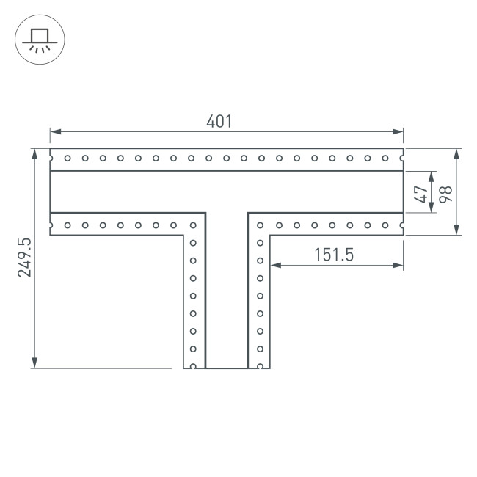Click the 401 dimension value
pyautogui.click(x=219, y=123)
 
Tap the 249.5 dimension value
pyautogui.click(x=23, y=258)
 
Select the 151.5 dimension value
pyautogui.click(x=334, y=255)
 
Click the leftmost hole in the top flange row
pyautogui.click(x=68, y=157)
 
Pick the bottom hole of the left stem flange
pyautogui.click(x=193, y=365)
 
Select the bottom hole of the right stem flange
pyautogui.click(x=260, y=365)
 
